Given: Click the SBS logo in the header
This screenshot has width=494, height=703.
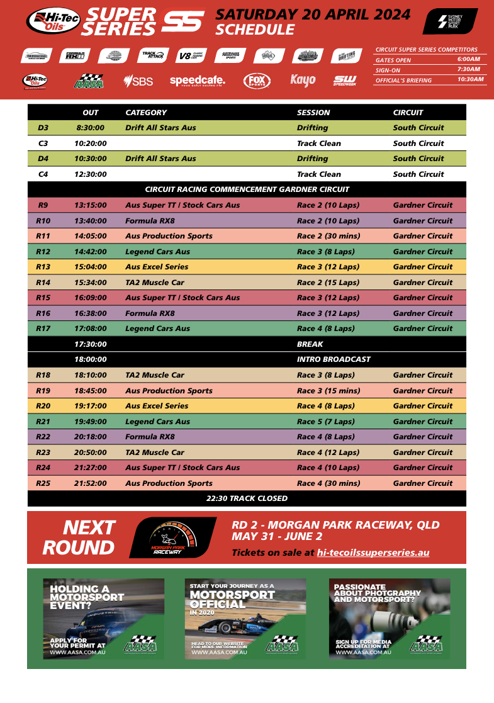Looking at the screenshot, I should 138,81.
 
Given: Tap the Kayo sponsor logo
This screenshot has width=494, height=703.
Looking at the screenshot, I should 303,81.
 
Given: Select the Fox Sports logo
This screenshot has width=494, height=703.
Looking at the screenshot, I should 257,81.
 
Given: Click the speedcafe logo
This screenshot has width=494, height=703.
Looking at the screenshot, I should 197,81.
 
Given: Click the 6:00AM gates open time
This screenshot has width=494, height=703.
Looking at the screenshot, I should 469,59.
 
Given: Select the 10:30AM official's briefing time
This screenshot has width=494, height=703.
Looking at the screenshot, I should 470,79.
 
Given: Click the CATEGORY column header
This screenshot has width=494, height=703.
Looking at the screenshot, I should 146,113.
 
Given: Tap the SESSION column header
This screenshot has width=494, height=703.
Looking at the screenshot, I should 313,113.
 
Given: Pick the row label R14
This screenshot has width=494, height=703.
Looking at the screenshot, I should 43,283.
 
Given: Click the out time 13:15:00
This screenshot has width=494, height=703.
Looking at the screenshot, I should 91,205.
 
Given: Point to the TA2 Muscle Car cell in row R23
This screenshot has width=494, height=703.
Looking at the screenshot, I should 155,453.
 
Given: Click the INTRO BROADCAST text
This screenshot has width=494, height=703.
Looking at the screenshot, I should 334,359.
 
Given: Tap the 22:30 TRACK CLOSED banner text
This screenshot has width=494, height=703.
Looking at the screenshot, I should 247,498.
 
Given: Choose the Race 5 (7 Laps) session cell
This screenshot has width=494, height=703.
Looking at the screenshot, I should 326,422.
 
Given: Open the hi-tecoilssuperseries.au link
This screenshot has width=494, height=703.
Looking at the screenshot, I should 373,553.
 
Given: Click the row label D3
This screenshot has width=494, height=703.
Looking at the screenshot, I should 43,128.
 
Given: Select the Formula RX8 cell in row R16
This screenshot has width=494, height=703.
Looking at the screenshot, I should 150,313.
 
